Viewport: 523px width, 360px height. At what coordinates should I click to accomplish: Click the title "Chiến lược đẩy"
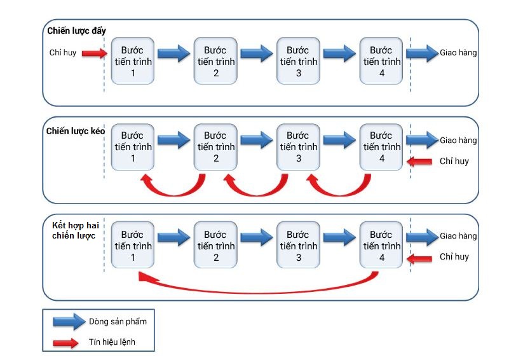(x=76, y=31)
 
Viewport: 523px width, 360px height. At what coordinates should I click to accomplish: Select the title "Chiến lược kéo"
(x=76, y=131)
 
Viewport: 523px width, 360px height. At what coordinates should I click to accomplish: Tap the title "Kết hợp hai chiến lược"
(x=76, y=230)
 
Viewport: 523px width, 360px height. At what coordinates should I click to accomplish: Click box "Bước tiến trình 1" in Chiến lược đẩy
(x=133, y=61)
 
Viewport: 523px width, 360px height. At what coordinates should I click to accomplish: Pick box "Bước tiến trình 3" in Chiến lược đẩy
(x=298, y=61)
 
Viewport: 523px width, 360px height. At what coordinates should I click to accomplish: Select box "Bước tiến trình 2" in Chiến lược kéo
(x=215, y=147)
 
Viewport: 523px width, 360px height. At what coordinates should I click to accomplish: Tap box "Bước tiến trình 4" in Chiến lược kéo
(x=381, y=147)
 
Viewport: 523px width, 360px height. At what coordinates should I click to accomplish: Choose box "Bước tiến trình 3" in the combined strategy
(x=298, y=245)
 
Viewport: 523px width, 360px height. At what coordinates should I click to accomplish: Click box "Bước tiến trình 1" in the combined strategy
(x=133, y=245)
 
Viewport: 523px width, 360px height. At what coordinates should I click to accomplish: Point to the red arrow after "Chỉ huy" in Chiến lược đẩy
(x=95, y=53)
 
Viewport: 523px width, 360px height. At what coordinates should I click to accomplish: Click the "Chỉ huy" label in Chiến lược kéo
(x=454, y=162)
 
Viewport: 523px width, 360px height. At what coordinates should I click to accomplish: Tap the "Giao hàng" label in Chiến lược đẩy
(x=458, y=53)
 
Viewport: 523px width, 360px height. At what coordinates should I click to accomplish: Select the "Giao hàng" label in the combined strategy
(x=458, y=236)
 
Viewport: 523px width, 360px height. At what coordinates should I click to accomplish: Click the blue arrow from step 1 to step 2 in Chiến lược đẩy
(x=173, y=53)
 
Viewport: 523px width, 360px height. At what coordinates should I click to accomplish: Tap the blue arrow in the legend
(x=69, y=322)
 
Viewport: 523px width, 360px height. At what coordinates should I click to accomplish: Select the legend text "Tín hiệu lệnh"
(x=112, y=342)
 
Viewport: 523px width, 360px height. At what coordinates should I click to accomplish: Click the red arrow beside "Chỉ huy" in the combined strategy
(x=419, y=259)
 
